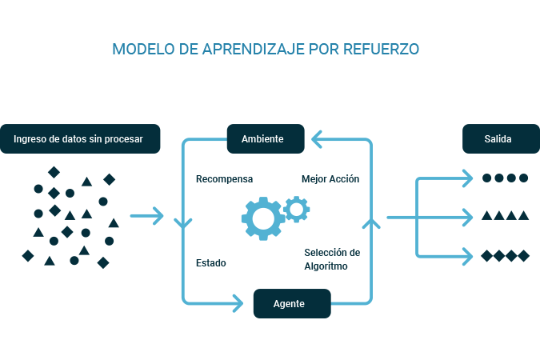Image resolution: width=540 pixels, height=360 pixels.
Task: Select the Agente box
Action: pos(291,304)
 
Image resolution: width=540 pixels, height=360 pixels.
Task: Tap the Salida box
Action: pos(498,138)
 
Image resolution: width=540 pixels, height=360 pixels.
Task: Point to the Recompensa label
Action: pos(224,179)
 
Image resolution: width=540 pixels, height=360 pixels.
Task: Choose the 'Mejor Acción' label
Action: pos(330,179)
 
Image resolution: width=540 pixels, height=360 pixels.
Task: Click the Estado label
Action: pos(211,262)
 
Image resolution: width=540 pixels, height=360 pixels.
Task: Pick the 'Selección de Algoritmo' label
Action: pos(331,259)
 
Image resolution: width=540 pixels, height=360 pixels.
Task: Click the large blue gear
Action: pos(262,218)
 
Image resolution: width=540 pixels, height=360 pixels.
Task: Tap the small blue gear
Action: pos(297,209)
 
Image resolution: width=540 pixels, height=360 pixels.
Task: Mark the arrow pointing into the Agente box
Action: pos(237,302)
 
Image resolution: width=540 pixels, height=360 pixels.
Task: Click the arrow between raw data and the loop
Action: pos(147,215)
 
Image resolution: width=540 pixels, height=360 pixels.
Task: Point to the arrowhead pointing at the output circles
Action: pos(466,178)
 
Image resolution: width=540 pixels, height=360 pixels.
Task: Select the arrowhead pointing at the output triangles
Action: pos(466,216)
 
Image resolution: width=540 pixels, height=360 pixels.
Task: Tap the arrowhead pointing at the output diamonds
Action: pos(466,256)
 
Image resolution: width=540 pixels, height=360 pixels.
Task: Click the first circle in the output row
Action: pos(486,178)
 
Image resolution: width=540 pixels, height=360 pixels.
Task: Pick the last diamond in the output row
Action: pos(524,256)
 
